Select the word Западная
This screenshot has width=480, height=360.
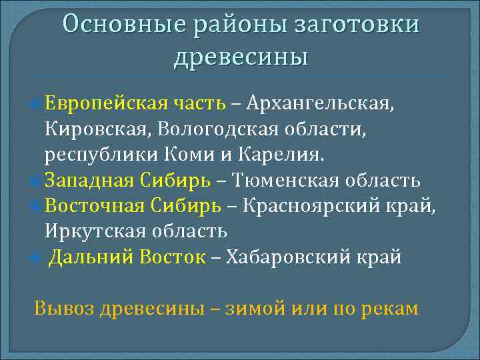coord(90,181)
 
